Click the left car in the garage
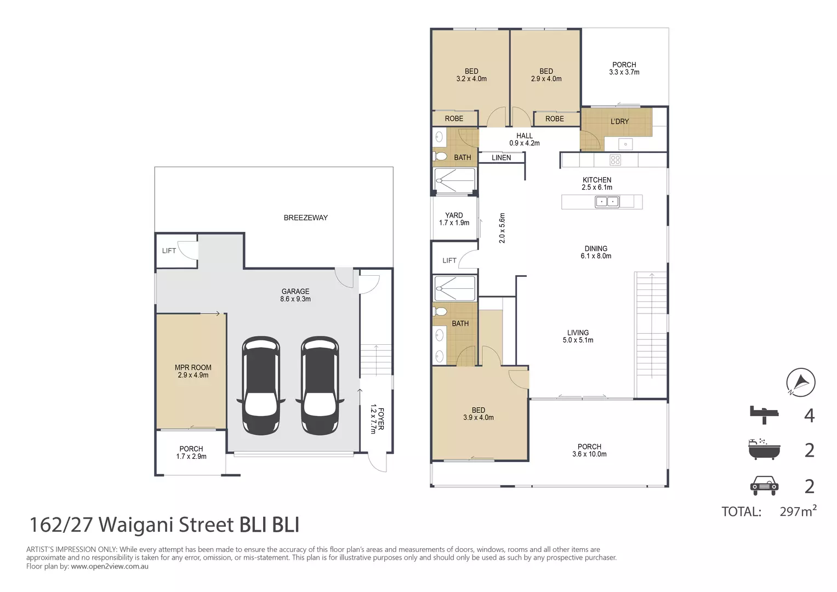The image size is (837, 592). (x=261, y=385)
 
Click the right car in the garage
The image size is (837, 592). (x=320, y=385)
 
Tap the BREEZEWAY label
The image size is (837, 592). (x=305, y=218)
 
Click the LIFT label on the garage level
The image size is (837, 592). (x=169, y=251)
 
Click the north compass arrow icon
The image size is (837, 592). (x=800, y=382)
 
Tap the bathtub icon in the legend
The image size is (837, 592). (x=764, y=449)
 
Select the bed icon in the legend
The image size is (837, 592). (x=764, y=414)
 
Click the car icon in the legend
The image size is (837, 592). (x=764, y=485)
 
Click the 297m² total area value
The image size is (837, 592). (x=798, y=511)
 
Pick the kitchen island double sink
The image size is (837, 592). (x=607, y=202)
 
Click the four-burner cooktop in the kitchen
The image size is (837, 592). (x=615, y=160)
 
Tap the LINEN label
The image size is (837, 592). (x=501, y=158)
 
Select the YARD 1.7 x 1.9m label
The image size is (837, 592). (x=454, y=219)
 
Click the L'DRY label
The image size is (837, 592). (x=619, y=122)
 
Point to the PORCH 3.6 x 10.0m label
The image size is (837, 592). (x=589, y=451)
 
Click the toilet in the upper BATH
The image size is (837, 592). (x=440, y=157)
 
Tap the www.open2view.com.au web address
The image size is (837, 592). (x=110, y=566)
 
